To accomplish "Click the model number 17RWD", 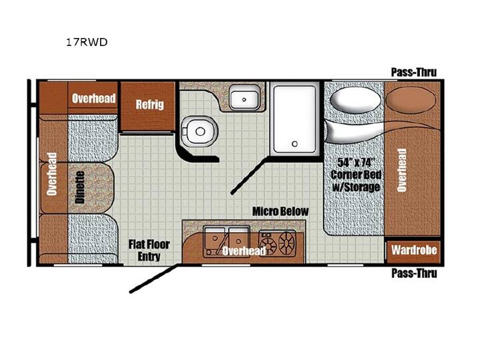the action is pyautogui.click(x=87, y=42).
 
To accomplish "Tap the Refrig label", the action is pyautogui.click(x=150, y=105).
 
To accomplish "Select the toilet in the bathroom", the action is pyautogui.click(x=199, y=131).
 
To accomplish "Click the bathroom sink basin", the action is pyautogui.click(x=245, y=97).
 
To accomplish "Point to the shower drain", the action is pyautogui.click(x=295, y=143).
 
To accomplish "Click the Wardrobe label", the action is pyautogui.click(x=414, y=250).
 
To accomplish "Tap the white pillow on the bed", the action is pyautogui.click(x=355, y=100).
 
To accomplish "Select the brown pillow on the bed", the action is pyautogui.click(x=411, y=100).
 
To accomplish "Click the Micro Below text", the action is pyautogui.click(x=280, y=211).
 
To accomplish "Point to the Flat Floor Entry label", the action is pyautogui.click(x=149, y=250).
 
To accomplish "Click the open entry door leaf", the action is pyautogui.click(x=154, y=279).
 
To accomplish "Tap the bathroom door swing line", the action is pyautogui.click(x=250, y=175).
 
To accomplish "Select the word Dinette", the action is pyautogui.click(x=80, y=187).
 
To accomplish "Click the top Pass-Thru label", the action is pyautogui.click(x=414, y=72).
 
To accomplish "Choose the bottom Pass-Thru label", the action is pyautogui.click(x=414, y=273).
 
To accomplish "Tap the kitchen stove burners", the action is pyautogui.click(x=277, y=243).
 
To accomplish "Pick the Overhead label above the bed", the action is pyautogui.click(x=401, y=170).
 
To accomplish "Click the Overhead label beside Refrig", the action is pyautogui.click(x=94, y=98).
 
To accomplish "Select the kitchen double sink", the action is pyautogui.click(x=227, y=241).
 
